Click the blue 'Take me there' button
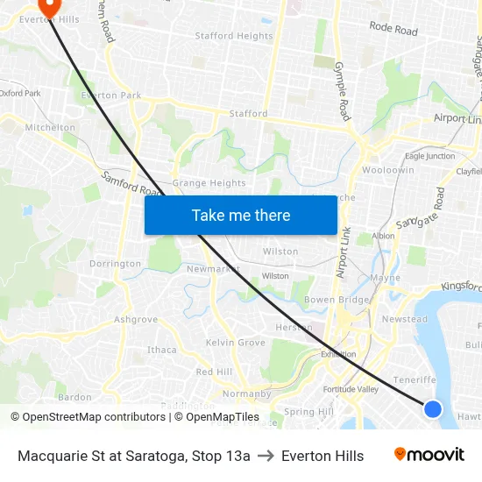(x=241, y=215)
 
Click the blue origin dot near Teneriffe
(x=432, y=408)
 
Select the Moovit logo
(x=429, y=455)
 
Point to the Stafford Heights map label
(x=234, y=36)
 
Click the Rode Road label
(x=393, y=29)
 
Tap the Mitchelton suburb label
(x=50, y=127)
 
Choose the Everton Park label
(x=111, y=95)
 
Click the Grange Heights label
(x=209, y=183)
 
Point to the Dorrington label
(x=115, y=264)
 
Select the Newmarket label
(x=213, y=269)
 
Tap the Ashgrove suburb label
(x=136, y=320)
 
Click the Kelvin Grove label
(x=235, y=343)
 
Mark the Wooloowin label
(x=388, y=170)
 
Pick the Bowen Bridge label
(x=336, y=301)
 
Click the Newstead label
(x=405, y=319)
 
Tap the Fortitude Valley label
(x=350, y=389)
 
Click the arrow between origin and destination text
(x=266, y=456)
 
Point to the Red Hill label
(x=214, y=372)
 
